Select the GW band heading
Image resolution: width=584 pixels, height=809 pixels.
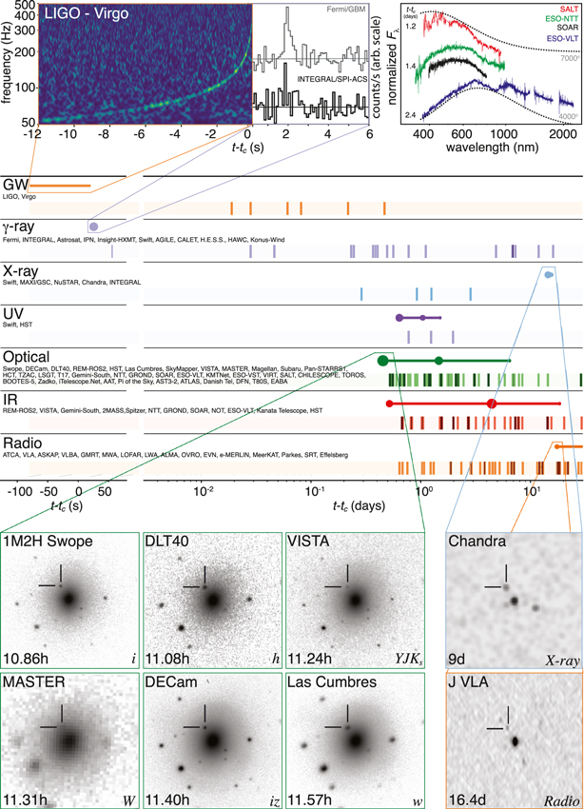(15, 184)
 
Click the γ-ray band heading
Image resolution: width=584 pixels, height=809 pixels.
(22, 228)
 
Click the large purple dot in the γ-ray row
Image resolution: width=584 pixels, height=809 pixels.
(93, 227)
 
